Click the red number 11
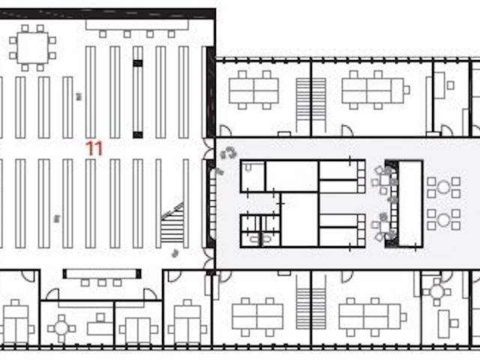[x=94, y=148]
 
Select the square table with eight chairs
[x=33, y=48]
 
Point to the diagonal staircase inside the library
[x=172, y=223]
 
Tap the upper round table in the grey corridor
[x=443, y=187]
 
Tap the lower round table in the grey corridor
[x=443, y=220]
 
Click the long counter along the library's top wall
[x=136, y=25]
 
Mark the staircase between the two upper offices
[x=310, y=106]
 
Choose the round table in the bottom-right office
[x=436, y=292]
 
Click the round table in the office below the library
[x=61, y=328]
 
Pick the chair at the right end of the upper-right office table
[x=406, y=90]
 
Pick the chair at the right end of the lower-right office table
[x=403, y=316]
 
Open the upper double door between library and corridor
[x=209, y=148]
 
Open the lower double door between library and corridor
[x=209, y=259]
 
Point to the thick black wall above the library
[x=108, y=13]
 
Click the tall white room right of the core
[x=410, y=203]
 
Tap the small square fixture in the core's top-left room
[x=248, y=167]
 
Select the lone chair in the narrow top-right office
[x=450, y=85]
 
